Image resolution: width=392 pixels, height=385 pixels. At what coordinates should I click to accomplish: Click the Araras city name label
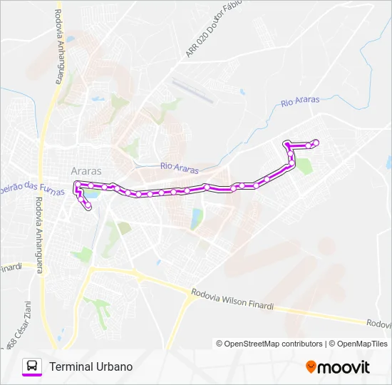pyautogui.click(x=86, y=171)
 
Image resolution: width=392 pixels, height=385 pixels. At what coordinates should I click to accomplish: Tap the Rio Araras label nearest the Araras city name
pyautogui.click(x=180, y=167)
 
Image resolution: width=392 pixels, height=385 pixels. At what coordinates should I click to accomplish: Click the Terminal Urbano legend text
pyautogui.click(x=91, y=366)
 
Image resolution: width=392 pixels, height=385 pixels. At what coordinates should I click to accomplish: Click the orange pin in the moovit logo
pyautogui.click(x=311, y=366)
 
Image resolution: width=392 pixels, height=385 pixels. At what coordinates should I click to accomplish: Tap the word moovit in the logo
pyautogui.click(x=344, y=367)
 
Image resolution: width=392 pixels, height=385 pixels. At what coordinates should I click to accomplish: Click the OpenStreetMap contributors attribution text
pyautogui.click(x=269, y=344)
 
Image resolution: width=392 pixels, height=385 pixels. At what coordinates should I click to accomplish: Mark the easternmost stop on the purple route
pyautogui.click(x=316, y=143)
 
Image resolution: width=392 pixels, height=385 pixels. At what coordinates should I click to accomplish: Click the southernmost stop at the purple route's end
pyautogui.click(x=88, y=207)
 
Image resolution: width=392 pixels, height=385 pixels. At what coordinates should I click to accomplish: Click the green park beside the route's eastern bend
pyautogui.click(x=304, y=166)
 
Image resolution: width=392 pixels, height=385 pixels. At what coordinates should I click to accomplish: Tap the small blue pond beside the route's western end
pyautogui.click(x=92, y=192)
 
